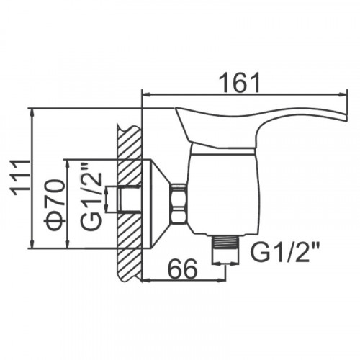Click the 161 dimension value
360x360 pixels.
click(240, 83)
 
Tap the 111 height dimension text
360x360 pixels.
click(20, 175)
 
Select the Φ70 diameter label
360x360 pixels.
click(55, 204)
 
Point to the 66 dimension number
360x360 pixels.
click(184, 269)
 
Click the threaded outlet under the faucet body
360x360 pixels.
click(225, 250)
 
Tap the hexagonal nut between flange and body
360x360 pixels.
click(179, 204)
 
